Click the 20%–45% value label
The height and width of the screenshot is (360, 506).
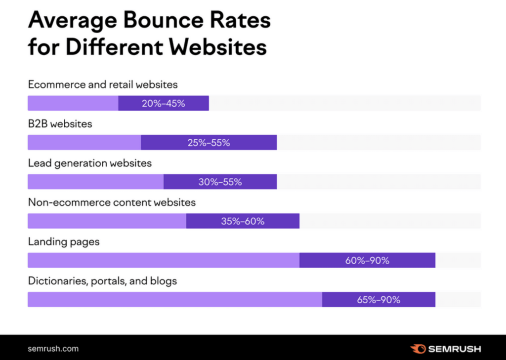point(163,103)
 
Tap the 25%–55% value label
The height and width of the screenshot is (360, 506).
point(209,143)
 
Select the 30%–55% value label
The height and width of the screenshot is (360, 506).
point(220,182)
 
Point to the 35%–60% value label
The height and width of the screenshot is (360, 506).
point(243,221)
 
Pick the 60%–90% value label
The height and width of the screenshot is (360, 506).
point(367,260)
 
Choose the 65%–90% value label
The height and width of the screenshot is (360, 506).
point(379,300)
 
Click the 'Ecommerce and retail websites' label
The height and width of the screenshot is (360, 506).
point(103,84)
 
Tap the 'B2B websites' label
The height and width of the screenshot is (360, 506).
point(60,124)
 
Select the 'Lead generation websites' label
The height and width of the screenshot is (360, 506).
point(89,163)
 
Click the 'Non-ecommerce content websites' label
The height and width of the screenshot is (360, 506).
point(112,202)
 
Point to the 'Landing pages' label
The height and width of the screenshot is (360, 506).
point(64,242)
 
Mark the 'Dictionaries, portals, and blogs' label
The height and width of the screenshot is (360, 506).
point(102,281)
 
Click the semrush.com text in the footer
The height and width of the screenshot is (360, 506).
point(53,349)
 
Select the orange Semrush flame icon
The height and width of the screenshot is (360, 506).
point(418,349)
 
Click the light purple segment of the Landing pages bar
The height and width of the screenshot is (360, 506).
point(163,260)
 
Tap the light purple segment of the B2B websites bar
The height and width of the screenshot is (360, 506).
point(84,143)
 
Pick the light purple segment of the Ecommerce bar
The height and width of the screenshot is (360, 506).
point(73,103)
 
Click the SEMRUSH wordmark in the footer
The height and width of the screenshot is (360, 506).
point(454,349)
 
